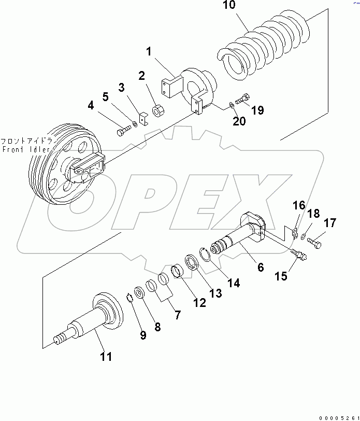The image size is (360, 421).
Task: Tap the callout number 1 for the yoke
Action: (x=148, y=52)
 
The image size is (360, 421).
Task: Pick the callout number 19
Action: (x=257, y=110)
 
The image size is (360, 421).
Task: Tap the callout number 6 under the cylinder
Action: (x=260, y=267)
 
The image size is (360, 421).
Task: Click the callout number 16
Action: (x=299, y=205)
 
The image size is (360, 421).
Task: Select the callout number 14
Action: (x=234, y=283)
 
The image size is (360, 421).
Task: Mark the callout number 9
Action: (x=142, y=335)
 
